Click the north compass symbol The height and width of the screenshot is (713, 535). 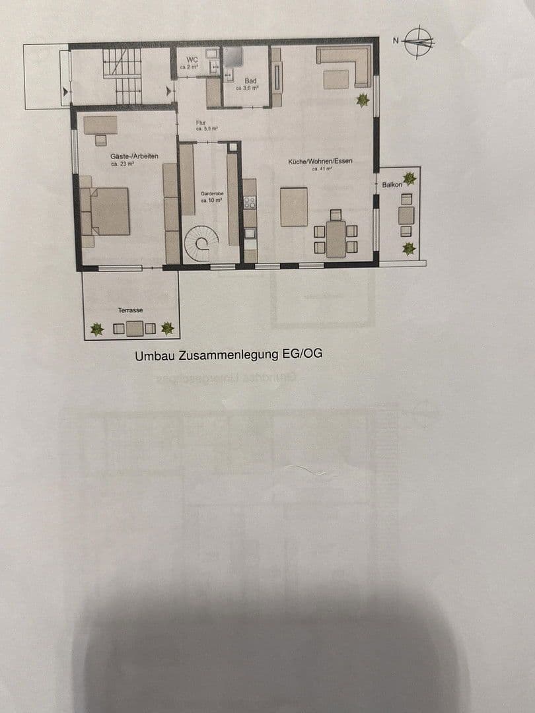pos(419,41)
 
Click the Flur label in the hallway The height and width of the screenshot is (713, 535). pos(201,123)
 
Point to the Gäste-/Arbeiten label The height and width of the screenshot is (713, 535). pos(134,155)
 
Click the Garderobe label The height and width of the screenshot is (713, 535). pos(212,193)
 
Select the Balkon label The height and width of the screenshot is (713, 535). pos(392,185)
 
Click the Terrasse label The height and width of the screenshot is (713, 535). pos(130,310)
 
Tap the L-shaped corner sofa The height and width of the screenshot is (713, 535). pos(345,64)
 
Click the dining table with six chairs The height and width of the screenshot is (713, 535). pos(336,239)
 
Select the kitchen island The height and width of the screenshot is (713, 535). pos(294,207)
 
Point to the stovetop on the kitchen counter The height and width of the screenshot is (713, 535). pos(250,203)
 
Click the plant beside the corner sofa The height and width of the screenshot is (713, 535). pos(362,100)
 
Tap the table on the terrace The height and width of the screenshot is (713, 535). pos(135,328)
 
